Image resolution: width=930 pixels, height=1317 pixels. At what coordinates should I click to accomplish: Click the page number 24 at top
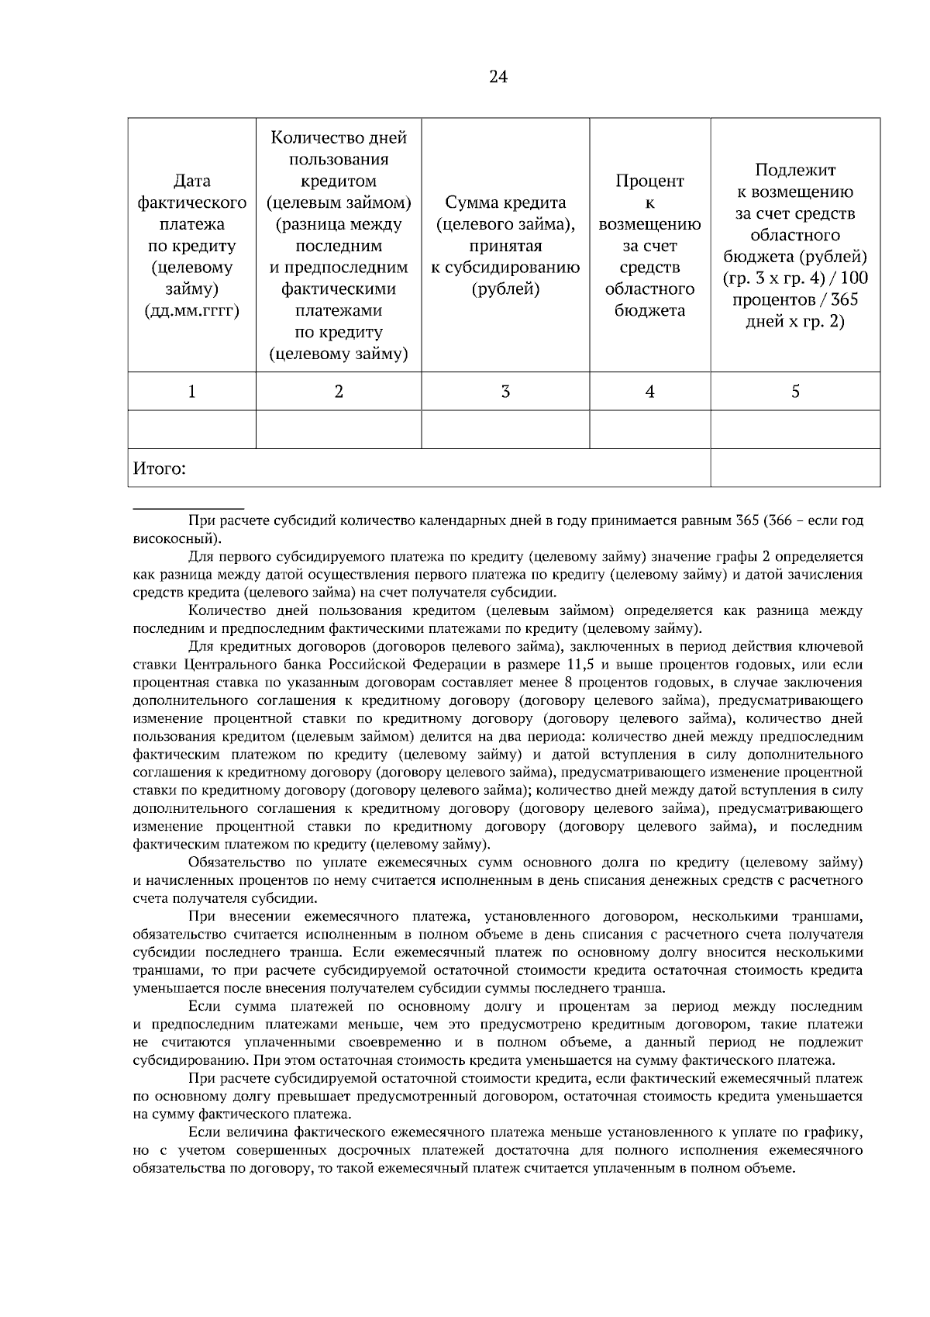[x=498, y=77]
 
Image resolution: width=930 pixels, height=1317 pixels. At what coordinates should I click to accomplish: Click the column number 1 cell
[x=191, y=392]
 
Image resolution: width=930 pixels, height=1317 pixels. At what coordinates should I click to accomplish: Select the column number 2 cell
[x=339, y=392]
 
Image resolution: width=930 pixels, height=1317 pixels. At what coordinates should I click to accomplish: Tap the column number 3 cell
[x=505, y=392]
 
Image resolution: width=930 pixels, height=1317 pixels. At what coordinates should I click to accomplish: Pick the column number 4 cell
[x=649, y=392]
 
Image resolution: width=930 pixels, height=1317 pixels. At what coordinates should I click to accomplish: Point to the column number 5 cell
[x=795, y=392]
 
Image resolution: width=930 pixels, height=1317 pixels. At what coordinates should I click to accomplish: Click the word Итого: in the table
[x=160, y=469]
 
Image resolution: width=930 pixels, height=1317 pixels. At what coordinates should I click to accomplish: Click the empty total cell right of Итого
[x=795, y=468]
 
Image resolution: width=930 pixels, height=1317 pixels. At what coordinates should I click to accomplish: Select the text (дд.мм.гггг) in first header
[x=191, y=311]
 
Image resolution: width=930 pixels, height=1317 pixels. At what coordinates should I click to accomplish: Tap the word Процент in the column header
[x=649, y=181]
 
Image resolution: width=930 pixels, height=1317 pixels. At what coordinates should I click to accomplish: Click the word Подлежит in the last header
[x=795, y=171]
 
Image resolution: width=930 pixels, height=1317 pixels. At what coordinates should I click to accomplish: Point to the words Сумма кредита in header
[x=505, y=203]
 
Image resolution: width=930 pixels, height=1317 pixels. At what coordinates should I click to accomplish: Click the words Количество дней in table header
[x=339, y=138]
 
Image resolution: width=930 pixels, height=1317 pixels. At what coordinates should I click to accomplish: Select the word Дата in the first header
[x=191, y=181]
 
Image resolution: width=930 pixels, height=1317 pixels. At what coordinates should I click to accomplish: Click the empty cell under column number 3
[x=505, y=430]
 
